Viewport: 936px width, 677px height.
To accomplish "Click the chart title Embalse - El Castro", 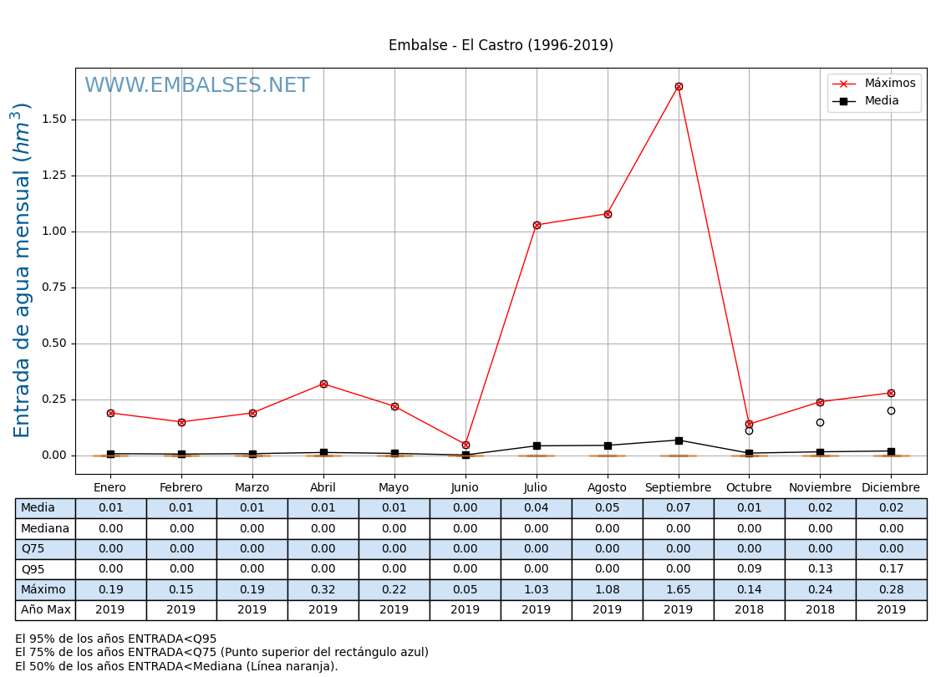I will (x=501, y=45).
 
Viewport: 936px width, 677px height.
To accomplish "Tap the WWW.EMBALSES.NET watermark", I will (x=197, y=86).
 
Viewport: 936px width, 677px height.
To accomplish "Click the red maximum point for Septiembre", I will (x=679, y=86).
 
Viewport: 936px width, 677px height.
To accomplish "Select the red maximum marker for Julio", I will (x=537, y=225).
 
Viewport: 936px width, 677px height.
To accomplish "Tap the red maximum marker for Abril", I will (x=323, y=384).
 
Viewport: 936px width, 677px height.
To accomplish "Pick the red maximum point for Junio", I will (x=465, y=445).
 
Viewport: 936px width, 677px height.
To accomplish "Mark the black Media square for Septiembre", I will (x=679, y=440).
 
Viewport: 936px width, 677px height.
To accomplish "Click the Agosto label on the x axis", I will (x=607, y=488).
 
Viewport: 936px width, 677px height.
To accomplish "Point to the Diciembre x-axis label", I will (x=891, y=488).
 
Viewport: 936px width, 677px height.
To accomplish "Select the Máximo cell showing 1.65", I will (x=678, y=590).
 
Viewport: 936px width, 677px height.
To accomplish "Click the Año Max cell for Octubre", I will (x=749, y=610).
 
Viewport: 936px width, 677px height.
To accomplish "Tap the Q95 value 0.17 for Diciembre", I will (x=891, y=569).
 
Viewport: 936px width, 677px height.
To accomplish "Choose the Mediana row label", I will (x=45, y=529).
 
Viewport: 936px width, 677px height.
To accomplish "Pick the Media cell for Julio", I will (x=536, y=508).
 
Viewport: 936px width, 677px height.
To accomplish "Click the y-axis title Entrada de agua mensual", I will (x=23, y=270).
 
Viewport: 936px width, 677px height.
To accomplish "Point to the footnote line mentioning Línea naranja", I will (x=176, y=666).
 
